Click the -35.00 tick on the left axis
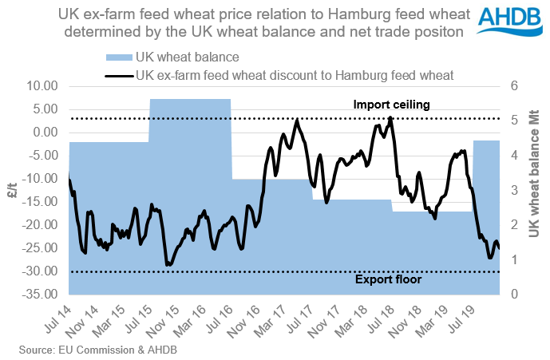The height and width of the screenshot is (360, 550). [45, 295]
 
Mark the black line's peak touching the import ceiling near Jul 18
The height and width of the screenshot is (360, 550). [390, 118]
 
